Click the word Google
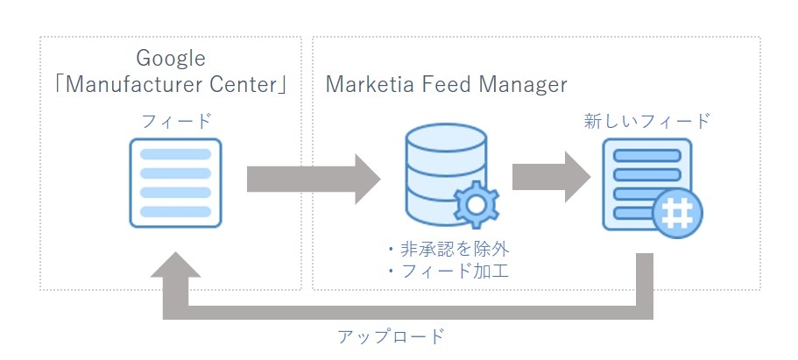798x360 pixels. pyautogui.click(x=171, y=59)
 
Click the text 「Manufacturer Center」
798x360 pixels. pyautogui.click(x=171, y=86)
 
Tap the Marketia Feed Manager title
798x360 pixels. pyautogui.click(x=446, y=85)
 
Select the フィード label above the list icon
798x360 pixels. pyautogui.click(x=177, y=121)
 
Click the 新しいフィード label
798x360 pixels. pyautogui.click(x=646, y=121)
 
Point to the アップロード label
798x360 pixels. pyautogui.click(x=391, y=335)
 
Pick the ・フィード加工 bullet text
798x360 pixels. pyautogui.click(x=447, y=272)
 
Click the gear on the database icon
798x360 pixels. pyautogui.click(x=477, y=204)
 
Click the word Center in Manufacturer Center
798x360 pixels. pyautogui.click(x=248, y=86)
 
